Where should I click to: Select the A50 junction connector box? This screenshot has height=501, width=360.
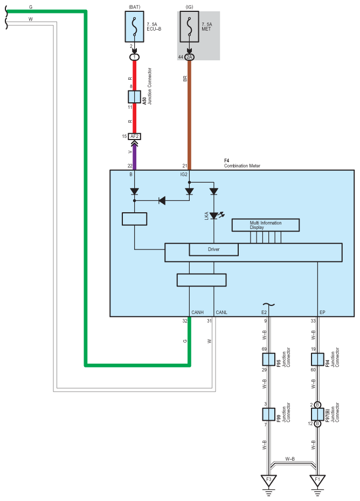click(x=135, y=97)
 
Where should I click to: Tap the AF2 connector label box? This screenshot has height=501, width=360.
click(x=135, y=136)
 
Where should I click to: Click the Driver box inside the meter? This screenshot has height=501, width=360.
click(x=213, y=249)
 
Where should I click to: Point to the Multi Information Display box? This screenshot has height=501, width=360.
click(x=265, y=225)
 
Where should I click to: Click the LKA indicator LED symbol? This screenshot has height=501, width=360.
click(x=214, y=215)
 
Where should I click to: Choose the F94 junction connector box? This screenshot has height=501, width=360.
click(x=318, y=359)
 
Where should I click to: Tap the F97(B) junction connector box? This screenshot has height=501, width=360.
click(x=318, y=414)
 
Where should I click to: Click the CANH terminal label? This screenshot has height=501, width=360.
click(x=198, y=312)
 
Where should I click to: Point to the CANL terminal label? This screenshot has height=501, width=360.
click(x=221, y=312)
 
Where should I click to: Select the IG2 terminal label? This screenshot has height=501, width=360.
click(x=183, y=175)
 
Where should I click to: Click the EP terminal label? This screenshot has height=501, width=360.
click(x=322, y=312)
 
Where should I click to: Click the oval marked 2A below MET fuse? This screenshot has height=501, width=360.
click(x=189, y=57)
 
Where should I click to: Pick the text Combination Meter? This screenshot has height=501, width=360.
click(x=242, y=166)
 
